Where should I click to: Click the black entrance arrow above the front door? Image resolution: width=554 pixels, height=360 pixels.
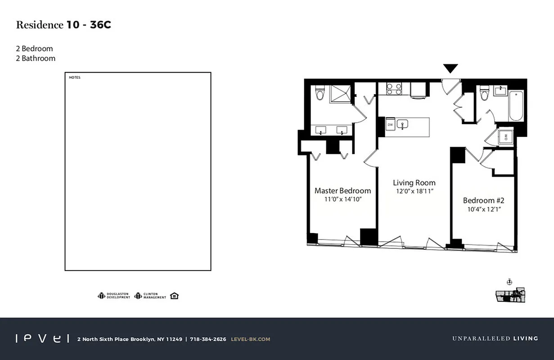tap(450, 68)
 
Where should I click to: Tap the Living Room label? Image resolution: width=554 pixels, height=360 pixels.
tap(414, 183)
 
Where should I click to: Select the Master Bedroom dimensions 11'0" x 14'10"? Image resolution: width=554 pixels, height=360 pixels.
tap(343, 199)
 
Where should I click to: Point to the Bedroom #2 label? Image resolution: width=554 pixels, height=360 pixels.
tap(484, 200)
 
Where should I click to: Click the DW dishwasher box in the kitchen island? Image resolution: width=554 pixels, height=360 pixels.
tap(390, 125)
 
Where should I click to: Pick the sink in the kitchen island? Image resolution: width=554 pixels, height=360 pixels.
tap(403, 124)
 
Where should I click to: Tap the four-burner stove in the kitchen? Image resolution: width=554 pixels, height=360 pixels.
tap(394, 89)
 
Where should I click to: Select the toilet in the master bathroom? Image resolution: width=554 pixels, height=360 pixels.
tap(320, 93)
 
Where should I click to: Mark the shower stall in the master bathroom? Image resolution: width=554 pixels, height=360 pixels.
tap(340, 94)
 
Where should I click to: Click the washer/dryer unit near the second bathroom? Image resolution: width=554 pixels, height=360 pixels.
tap(505, 136)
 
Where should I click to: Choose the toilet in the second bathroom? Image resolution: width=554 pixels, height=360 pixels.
tap(485, 93)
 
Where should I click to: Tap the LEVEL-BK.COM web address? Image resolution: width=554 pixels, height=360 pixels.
tap(250, 339)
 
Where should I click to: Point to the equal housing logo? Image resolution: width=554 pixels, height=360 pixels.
tap(175, 296)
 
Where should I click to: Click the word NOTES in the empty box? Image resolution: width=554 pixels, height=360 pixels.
tap(75, 78)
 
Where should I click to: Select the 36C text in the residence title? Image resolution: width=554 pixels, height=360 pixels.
tap(100, 25)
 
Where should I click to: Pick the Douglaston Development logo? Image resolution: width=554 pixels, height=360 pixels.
tap(114, 296)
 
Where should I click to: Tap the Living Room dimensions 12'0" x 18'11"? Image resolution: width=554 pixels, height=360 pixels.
tap(414, 191)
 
